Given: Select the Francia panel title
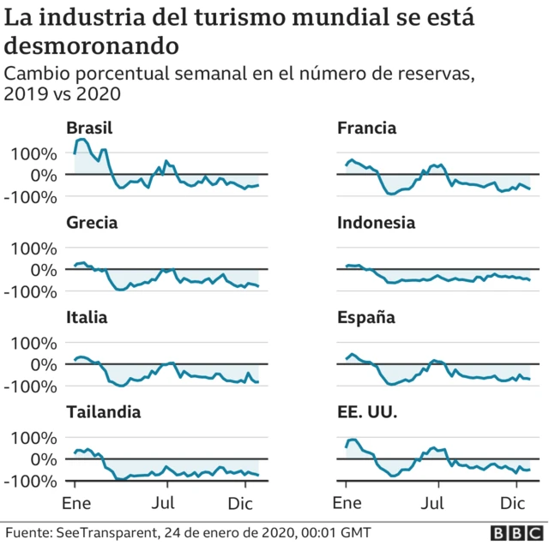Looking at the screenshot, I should [366, 129].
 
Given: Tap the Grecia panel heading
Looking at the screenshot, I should [92, 223].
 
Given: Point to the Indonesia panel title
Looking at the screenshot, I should [376, 223].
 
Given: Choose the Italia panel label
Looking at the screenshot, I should [87, 318].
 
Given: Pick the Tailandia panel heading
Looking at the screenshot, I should [104, 412].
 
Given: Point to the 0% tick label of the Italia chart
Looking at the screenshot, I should [45, 364].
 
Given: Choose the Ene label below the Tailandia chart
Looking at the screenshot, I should [75, 502].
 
